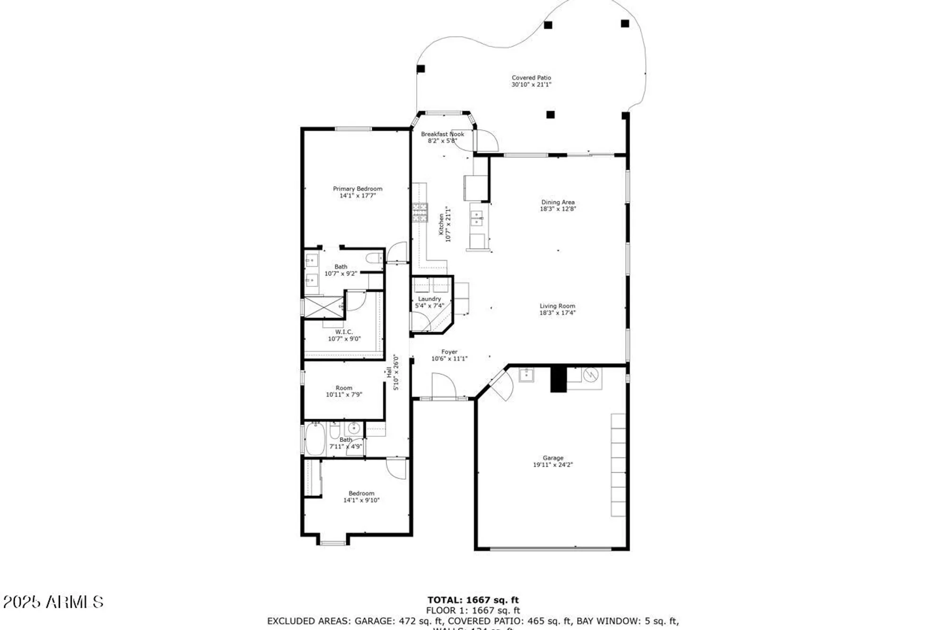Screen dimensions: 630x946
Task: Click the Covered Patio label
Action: pyautogui.click(x=531, y=78)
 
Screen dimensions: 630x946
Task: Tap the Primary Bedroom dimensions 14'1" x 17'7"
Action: pyautogui.click(x=358, y=196)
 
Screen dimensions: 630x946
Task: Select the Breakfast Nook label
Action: pyautogui.click(x=442, y=134)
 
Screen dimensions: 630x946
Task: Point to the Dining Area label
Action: pyautogui.click(x=558, y=202)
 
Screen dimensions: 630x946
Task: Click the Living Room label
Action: pyautogui.click(x=557, y=306)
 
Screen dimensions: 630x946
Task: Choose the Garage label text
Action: pyautogui.click(x=553, y=458)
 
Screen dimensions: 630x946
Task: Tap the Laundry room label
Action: pyautogui.click(x=429, y=299)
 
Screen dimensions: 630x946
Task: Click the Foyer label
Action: pyautogui.click(x=449, y=352)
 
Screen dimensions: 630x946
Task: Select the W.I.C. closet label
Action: pyautogui.click(x=344, y=332)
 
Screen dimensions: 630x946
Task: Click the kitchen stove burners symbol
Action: pyautogui.click(x=420, y=212)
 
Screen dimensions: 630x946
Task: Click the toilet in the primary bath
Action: pyautogui.click(x=375, y=258)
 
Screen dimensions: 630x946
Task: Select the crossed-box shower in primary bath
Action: pyautogui.click(x=323, y=307)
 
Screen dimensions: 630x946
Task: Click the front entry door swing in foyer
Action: pyautogui.click(x=444, y=386)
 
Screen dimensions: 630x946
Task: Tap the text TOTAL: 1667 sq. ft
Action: pyautogui.click(x=473, y=600)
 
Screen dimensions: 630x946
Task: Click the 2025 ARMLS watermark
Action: pyautogui.click(x=53, y=602)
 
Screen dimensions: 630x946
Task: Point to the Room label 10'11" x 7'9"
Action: pyautogui.click(x=344, y=391)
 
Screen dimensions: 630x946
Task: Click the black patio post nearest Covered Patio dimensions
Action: pyautogui.click(x=550, y=114)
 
